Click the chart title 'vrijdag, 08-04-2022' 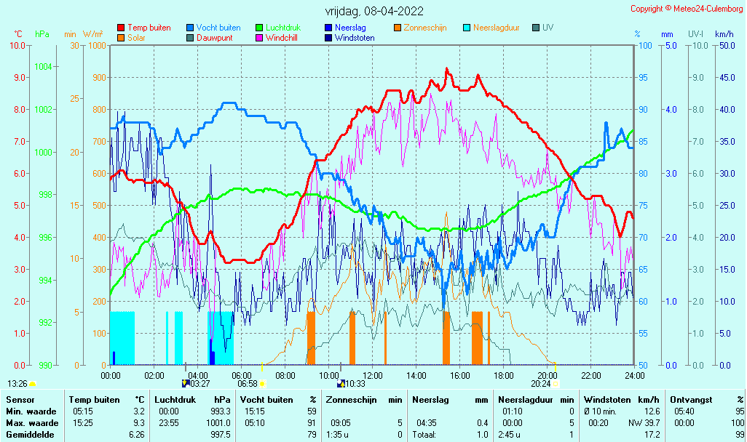pyautogui.click(x=374, y=11)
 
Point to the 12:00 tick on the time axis pyautogui.click(x=373, y=375)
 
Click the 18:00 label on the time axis pyautogui.click(x=504, y=375)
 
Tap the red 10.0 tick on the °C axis pyautogui.click(x=17, y=46)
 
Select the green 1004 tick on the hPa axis pyautogui.click(x=44, y=67)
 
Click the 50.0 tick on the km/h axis pyautogui.click(x=727, y=46)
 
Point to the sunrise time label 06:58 pyautogui.click(x=248, y=384)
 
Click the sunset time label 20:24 pyautogui.click(x=541, y=384)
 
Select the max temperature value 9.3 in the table pyautogui.click(x=138, y=423)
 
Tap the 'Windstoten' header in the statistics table pyautogui.click(x=604, y=400)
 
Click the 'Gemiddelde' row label pyautogui.click(x=30, y=435)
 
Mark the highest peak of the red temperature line pyautogui.click(x=446, y=69)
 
